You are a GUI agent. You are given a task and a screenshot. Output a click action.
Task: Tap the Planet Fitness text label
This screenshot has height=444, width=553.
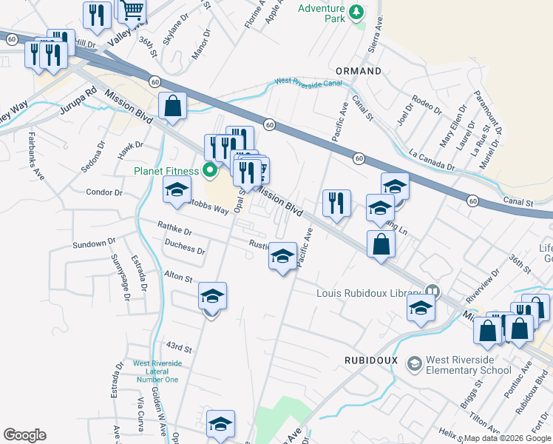166,171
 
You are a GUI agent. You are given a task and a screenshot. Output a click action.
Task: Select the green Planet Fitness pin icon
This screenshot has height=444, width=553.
209,171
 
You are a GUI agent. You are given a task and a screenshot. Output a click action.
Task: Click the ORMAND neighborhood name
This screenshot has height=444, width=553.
359,71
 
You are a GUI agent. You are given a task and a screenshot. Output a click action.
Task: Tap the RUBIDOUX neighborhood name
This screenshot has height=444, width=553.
371,360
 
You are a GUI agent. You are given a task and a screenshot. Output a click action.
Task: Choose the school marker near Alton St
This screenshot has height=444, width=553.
212,297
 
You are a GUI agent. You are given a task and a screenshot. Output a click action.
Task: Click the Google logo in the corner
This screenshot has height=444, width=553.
24,435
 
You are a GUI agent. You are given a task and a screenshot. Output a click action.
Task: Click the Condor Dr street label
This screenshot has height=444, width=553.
104,192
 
